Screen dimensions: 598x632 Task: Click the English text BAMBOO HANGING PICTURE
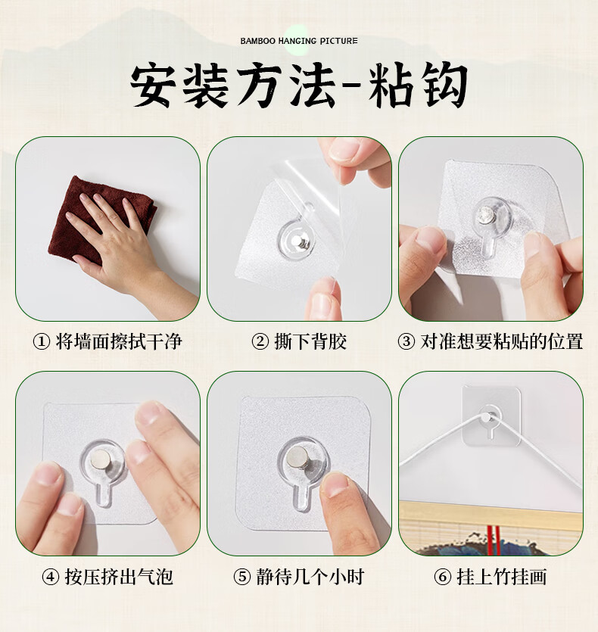299,41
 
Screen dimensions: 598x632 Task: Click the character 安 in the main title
153,86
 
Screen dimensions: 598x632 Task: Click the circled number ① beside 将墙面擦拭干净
41,342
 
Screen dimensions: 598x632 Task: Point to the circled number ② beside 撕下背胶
260,342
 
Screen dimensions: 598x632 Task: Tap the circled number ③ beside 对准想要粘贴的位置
406,342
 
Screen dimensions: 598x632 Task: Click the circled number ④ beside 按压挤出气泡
51,577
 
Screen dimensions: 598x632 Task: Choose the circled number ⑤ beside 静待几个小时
242,577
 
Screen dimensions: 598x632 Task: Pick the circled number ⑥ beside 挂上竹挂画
442,577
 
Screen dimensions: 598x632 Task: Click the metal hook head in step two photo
301,243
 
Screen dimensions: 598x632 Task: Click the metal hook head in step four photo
101,459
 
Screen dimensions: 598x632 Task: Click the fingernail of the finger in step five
335,484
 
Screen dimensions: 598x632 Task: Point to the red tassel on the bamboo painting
493,540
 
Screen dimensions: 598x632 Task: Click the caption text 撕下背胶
310,342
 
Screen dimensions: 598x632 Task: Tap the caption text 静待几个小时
310,577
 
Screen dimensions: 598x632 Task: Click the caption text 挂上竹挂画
502,577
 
